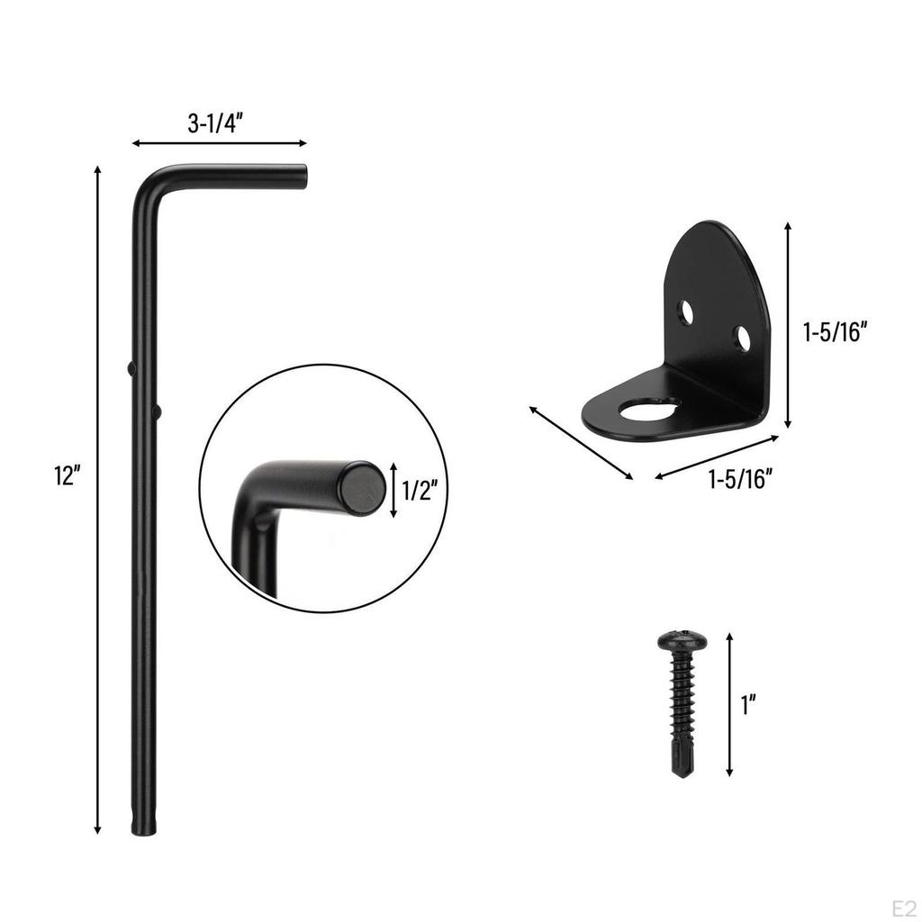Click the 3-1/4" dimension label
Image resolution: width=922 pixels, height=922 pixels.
(x=216, y=124)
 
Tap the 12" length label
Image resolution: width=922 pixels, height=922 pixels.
(x=68, y=477)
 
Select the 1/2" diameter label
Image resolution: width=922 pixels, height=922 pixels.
(x=420, y=491)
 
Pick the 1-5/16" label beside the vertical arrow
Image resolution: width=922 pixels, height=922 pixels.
(x=834, y=332)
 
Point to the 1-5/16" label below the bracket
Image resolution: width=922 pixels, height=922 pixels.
(x=740, y=480)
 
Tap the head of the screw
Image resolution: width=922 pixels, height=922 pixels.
(x=682, y=641)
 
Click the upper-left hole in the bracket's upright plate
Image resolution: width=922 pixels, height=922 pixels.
(x=686, y=312)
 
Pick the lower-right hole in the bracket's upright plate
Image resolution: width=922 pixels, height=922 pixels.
(x=742, y=339)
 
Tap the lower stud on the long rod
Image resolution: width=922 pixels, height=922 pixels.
(x=158, y=411)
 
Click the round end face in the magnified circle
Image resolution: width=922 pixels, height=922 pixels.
(x=362, y=488)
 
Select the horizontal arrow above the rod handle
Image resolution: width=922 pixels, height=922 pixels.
(x=219, y=143)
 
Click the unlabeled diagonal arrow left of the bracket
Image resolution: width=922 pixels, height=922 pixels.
(x=580, y=443)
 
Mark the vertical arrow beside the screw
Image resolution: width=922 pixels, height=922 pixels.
(x=729, y=704)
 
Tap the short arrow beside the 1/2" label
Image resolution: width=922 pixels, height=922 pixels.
(x=393, y=491)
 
